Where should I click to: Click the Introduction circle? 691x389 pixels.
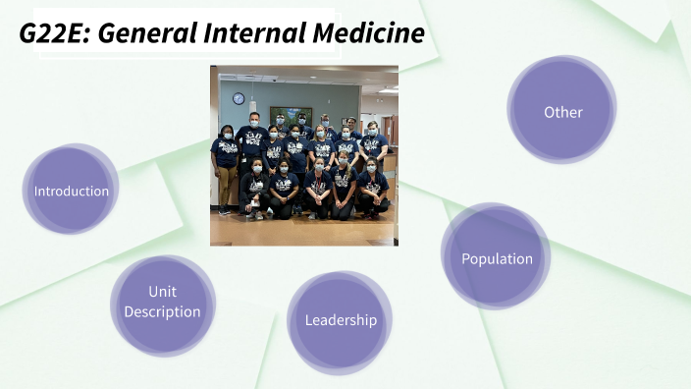[x=71, y=190]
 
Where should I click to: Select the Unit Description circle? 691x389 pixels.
[x=162, y=303]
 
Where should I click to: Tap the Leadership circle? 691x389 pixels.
[x=340, y=320]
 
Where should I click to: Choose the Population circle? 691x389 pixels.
[x=497, y=258]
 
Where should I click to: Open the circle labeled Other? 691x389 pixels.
[x=562, y=112]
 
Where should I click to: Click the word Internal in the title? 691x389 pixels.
[x=259, y=33]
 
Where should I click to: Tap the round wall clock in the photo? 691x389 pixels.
[x=238, y=98]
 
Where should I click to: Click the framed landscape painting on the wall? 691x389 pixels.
[x=291, y=114]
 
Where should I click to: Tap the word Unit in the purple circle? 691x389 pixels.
[x=162, y=292]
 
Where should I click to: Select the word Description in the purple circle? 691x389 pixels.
[x=162, y=312]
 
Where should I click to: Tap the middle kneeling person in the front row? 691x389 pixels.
[x=316, y=189]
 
